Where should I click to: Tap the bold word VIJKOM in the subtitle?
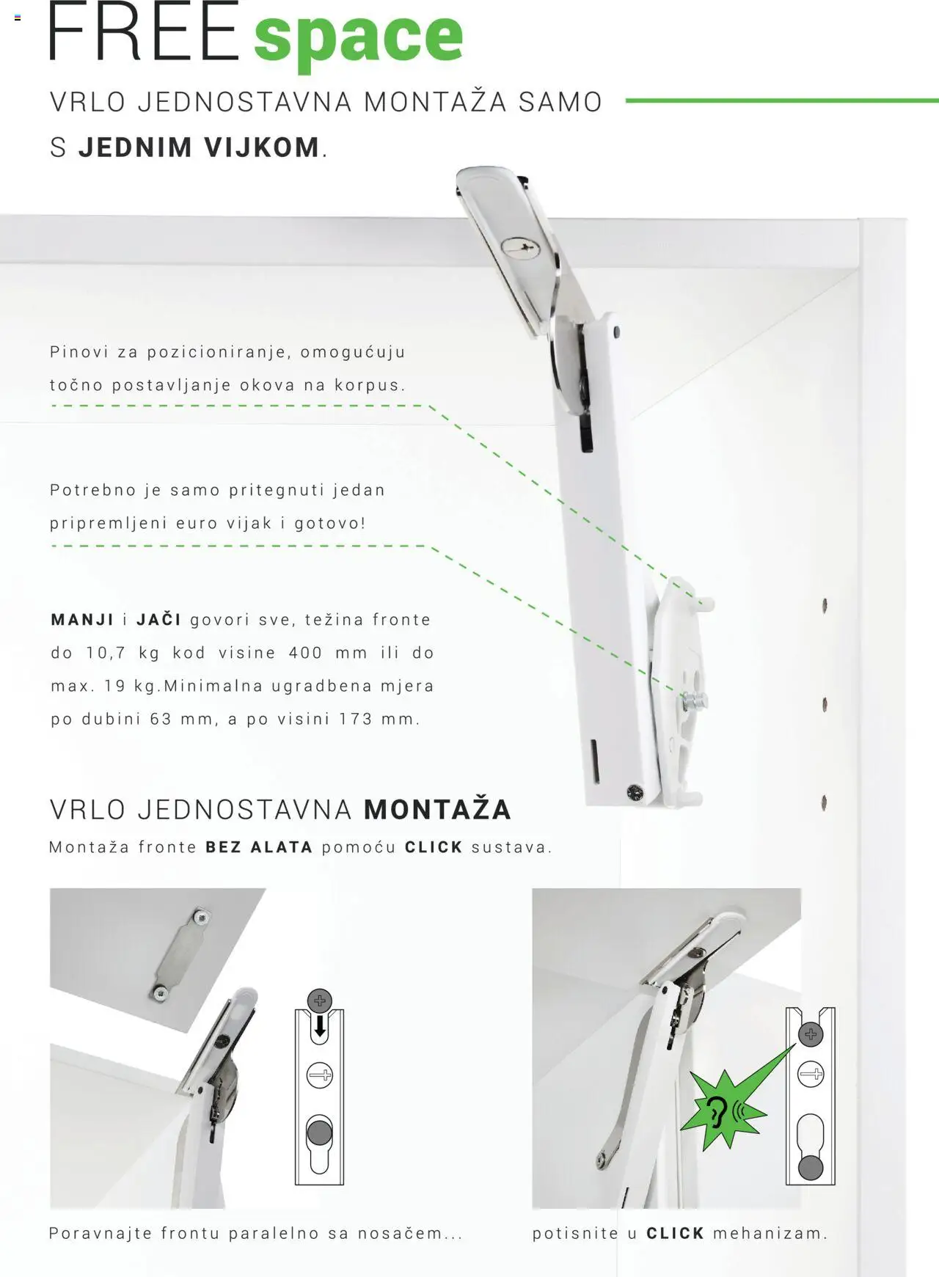click(x=262, y=147)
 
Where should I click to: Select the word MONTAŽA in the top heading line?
click(x=436, y=102)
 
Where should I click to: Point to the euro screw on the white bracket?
click(x=693, y=702)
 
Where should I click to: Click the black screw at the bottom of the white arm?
click(x=635, y=792)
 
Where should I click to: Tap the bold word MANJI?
click(x=82, y=620)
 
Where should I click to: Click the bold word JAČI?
click(x=158, y=620)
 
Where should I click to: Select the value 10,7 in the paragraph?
click(x=106, y=653)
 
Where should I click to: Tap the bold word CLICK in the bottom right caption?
click(x=675, y=1234)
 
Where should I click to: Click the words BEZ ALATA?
click(x=259, y=847)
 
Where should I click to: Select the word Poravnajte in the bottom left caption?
click(x=101, y=1234)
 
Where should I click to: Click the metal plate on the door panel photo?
click(x=180, y=954)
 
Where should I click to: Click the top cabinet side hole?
click(x=825, y=605)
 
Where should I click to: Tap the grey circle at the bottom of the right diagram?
click(x=810, y=1168)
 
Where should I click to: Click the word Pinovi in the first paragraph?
click(x=78, y=352)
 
